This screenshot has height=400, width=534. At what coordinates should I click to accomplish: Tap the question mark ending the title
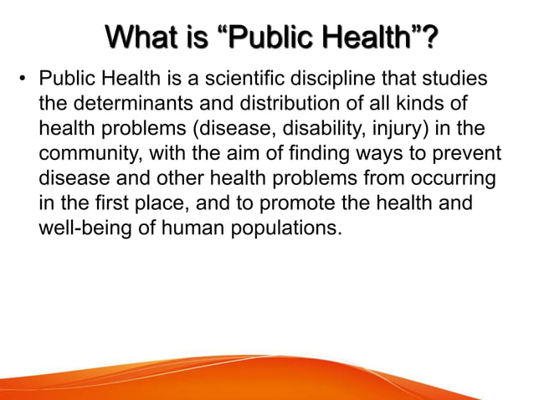coord(432,38)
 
